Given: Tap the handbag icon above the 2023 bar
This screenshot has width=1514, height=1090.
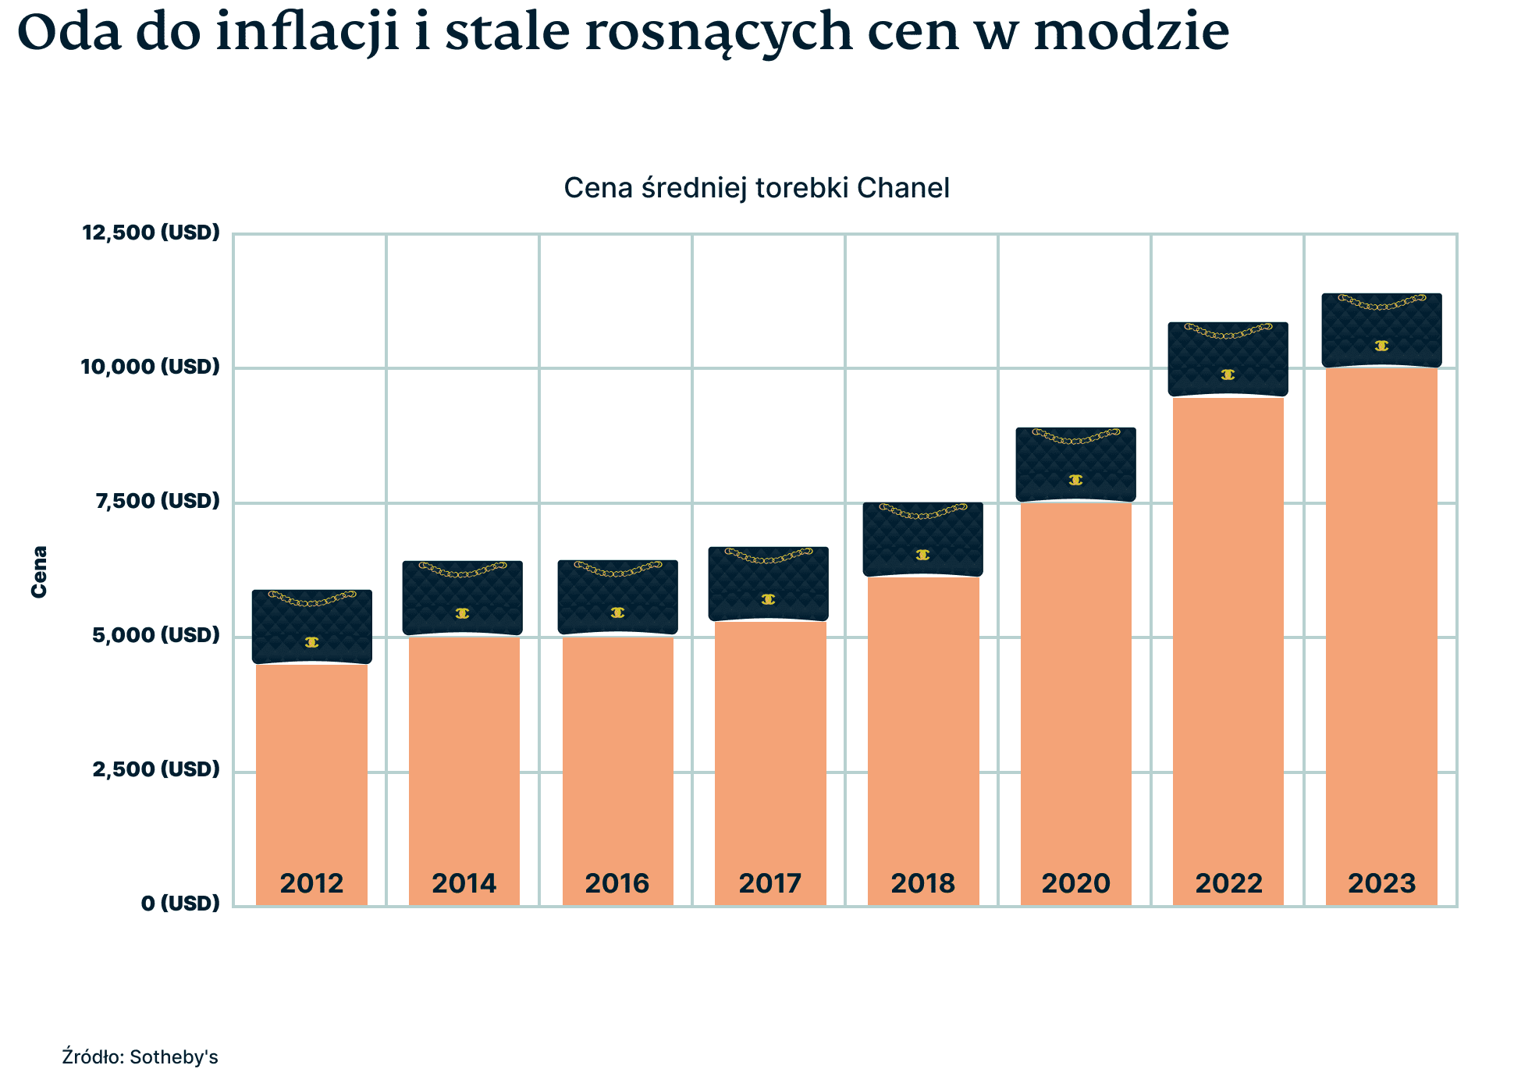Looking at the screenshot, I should coord(1381,330).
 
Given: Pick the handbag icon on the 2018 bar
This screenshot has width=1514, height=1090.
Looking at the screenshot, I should coord(922,539).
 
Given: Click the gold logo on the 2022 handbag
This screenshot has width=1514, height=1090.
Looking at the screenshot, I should coord(1228,375).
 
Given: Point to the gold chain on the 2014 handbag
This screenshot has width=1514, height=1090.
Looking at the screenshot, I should coord(463,570).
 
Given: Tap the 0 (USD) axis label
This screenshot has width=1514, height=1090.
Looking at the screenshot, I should coord(180,904).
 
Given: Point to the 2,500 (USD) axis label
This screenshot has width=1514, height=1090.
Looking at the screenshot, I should coord(156,769).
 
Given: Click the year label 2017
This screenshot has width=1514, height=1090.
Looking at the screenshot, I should coord(769,883).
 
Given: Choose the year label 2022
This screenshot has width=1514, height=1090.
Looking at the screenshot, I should coord(1228,883).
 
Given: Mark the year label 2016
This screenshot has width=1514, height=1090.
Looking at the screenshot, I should coord(617,883).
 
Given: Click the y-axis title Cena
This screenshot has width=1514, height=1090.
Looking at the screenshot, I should coord(39,572).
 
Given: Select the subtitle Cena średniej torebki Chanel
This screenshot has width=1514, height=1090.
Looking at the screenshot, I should coord(756,188).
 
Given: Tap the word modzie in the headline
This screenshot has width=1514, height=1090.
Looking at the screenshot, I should coord(1131,33).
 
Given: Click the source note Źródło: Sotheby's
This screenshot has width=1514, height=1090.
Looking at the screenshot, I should coord(140,1057).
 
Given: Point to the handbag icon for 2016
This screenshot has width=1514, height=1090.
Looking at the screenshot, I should coord(617,597).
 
